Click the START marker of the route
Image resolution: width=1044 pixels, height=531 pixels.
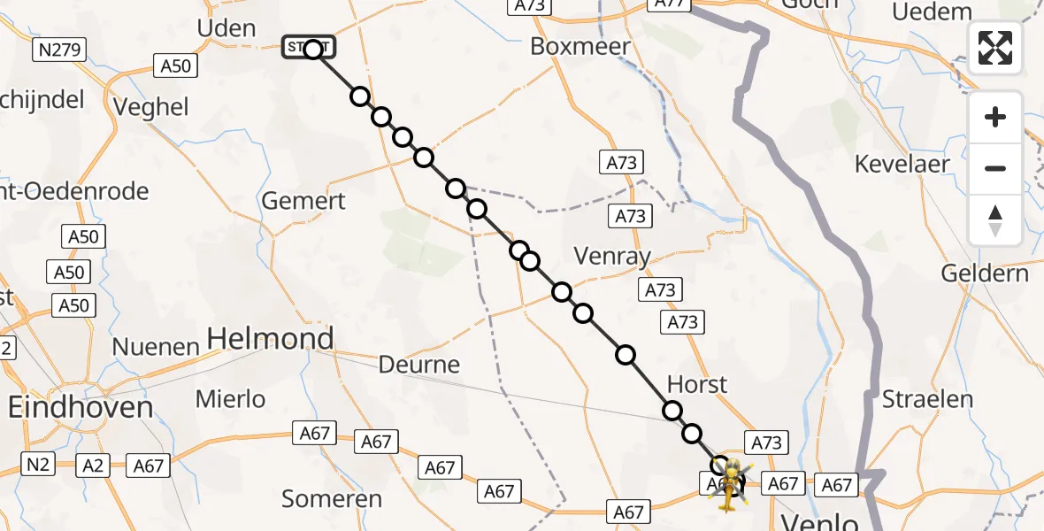[309, 48]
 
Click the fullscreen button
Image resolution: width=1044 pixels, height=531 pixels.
[995, 48]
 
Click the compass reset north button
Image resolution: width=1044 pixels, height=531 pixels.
[995, 220]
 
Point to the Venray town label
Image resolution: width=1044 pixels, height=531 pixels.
[612, 258]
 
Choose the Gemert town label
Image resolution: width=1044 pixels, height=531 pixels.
[303, 201]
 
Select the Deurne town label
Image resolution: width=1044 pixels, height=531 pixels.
[419, 365]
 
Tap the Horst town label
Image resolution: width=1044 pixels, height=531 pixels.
[697, 384]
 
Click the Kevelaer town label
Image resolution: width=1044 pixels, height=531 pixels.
[902, 164]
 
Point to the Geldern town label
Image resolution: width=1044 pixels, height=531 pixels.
[985, 273]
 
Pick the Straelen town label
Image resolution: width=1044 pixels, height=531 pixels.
[927, 398]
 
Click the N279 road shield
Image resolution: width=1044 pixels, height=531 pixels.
[61, 50]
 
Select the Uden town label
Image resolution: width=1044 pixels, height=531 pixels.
[226, 28]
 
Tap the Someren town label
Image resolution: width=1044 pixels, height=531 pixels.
[332, 499]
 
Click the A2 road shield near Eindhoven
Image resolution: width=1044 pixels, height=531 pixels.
[92, 465]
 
